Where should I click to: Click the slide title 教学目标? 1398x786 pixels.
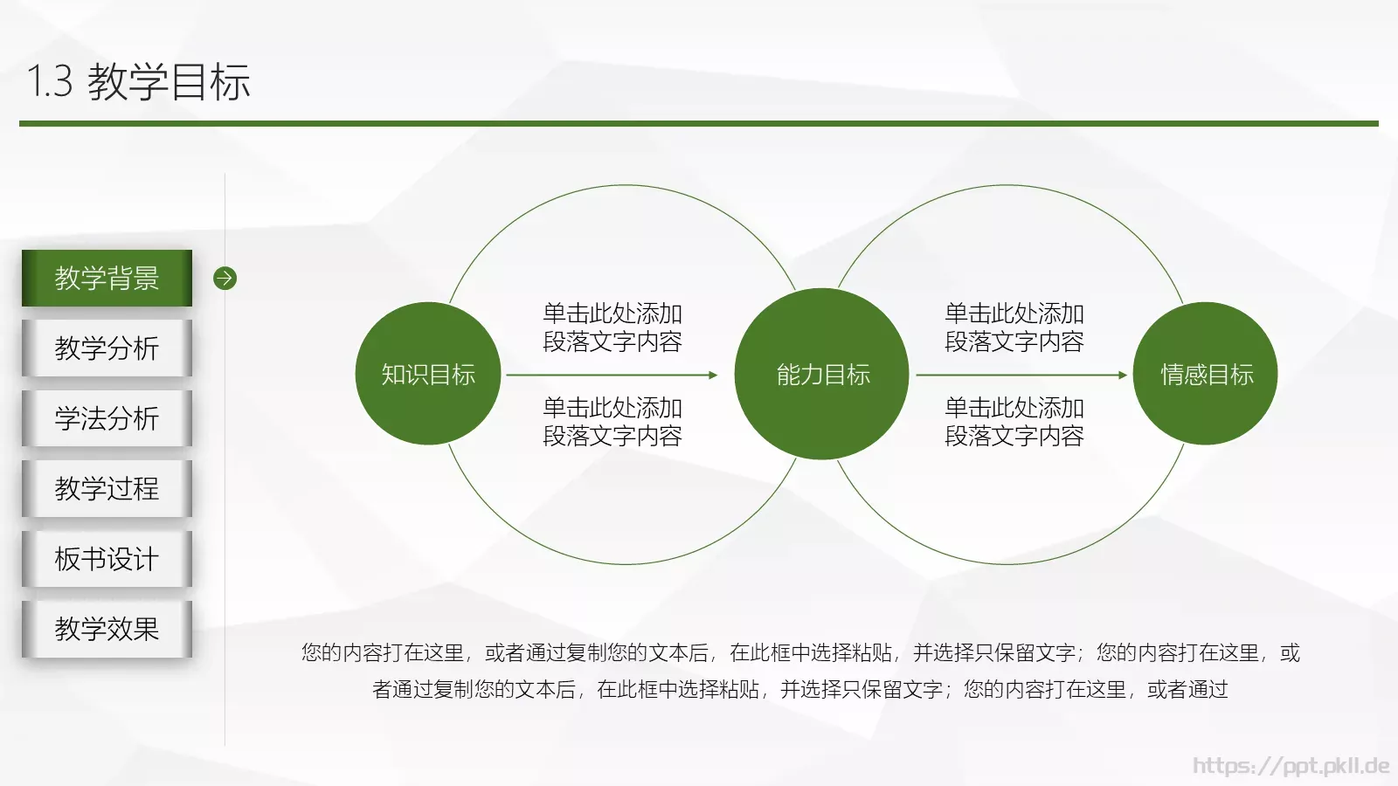click(x=169, y=82)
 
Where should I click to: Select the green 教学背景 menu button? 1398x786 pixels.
click(x=107, y=279)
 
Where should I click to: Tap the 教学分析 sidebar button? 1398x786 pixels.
click(x=107, y=348)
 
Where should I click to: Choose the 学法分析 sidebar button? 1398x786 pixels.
click(x=107, y=418)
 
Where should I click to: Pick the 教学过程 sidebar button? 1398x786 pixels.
click(x=107, y=488)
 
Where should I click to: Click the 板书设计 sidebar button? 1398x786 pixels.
click(x=107, y=559)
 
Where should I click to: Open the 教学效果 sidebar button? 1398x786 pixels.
click(x=107, y=629)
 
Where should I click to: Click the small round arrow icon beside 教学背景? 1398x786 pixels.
click(x=225, y=279)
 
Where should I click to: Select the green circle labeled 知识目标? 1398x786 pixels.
click(x=428, y=374)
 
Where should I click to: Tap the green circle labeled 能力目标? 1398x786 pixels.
click(x=822, y=374)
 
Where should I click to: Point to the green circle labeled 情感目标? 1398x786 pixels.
click(x=1206, y=374)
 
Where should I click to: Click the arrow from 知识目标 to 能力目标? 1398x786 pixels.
click(x=612, y=375)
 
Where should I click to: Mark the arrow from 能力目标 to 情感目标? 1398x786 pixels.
click(x=1021, y=375)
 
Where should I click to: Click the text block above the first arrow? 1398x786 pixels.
click(x=612, y=327)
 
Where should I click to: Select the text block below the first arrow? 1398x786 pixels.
click(x=612, y=422)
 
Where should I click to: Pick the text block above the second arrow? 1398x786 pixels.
click(x=1014, y=327)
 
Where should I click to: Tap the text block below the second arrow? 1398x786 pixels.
click(x=1014, y=422)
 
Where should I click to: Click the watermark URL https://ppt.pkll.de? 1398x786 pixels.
click(x=1291, y=766)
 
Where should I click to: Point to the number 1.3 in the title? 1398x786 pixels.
click(x=50, y=82)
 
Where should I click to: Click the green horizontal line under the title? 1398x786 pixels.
click(x=699, y=124)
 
